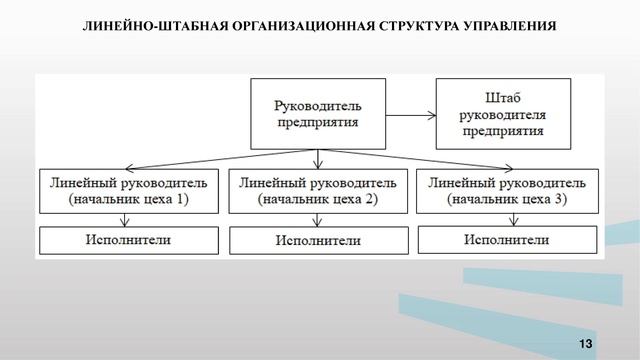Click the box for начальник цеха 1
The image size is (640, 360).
[x=129, y=190]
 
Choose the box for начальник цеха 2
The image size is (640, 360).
[x=319, y=190]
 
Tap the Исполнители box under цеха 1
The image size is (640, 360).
[x=129, y=240]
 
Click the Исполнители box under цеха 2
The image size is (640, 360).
[x=319, y=241]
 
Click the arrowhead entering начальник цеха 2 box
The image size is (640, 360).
[x=319, y=164]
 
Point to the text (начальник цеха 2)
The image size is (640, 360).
[x=319, y=200]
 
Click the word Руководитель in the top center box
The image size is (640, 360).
[x=319, y=103]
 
